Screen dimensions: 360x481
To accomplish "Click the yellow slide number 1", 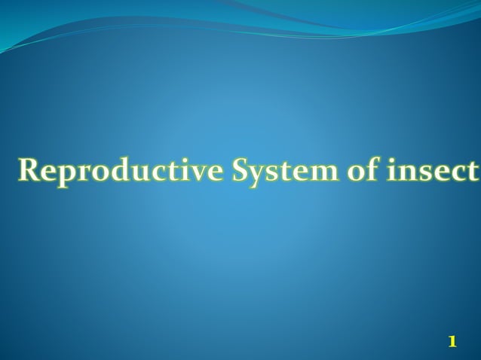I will tap(452, 342).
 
